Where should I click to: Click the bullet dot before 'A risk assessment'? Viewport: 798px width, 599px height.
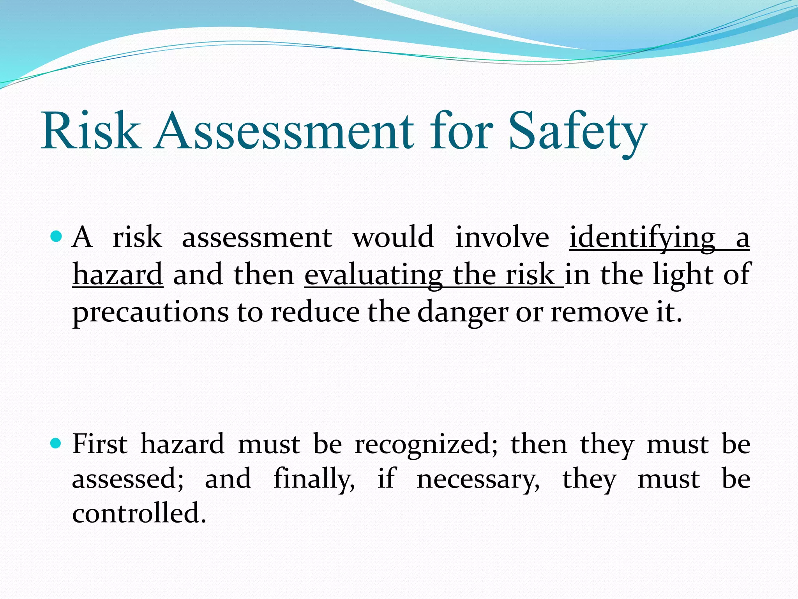(x=56, y=236)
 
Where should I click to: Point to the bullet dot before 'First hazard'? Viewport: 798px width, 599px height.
(x=56, y=443)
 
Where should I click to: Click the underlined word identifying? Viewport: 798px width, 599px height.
(x=642, y=238)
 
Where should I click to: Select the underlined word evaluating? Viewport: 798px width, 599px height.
(x=373, y=275)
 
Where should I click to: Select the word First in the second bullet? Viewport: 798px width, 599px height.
(x=100, y=444)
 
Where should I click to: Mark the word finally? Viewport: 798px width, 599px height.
(x=314, y=479)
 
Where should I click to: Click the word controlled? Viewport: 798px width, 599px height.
(x=139, y=513)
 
